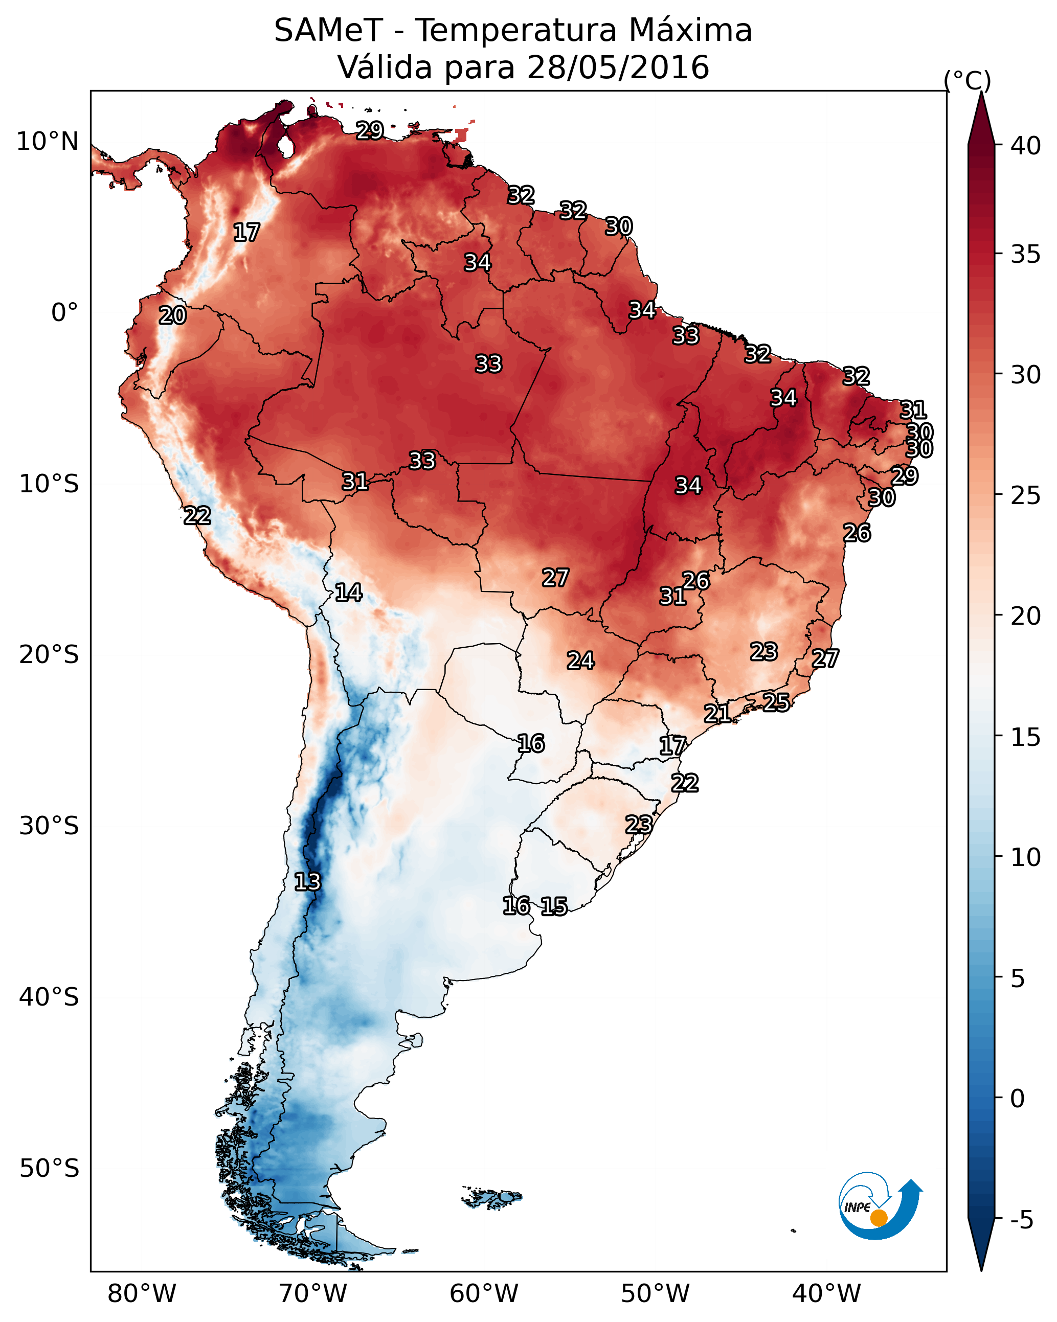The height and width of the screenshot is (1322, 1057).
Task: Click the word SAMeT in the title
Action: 328,31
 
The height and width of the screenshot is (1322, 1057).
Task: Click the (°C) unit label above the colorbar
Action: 967,80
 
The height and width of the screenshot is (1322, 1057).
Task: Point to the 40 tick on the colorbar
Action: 1026,146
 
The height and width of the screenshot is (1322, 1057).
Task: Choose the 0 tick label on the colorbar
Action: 1017,1099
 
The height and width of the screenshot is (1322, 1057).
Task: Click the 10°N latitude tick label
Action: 47,142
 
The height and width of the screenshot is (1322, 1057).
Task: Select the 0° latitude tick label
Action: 64,313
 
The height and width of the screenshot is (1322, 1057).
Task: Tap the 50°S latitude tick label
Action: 49,1169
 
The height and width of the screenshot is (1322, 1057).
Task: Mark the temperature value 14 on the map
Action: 348,592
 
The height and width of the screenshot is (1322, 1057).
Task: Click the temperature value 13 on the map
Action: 307,882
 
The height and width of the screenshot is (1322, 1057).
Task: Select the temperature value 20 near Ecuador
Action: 172,315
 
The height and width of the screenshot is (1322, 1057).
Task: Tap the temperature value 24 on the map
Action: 580,660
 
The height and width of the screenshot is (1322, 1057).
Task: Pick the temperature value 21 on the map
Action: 717,713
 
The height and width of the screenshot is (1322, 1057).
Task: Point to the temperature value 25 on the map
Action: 776,702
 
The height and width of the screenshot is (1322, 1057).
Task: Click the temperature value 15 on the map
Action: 554,906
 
